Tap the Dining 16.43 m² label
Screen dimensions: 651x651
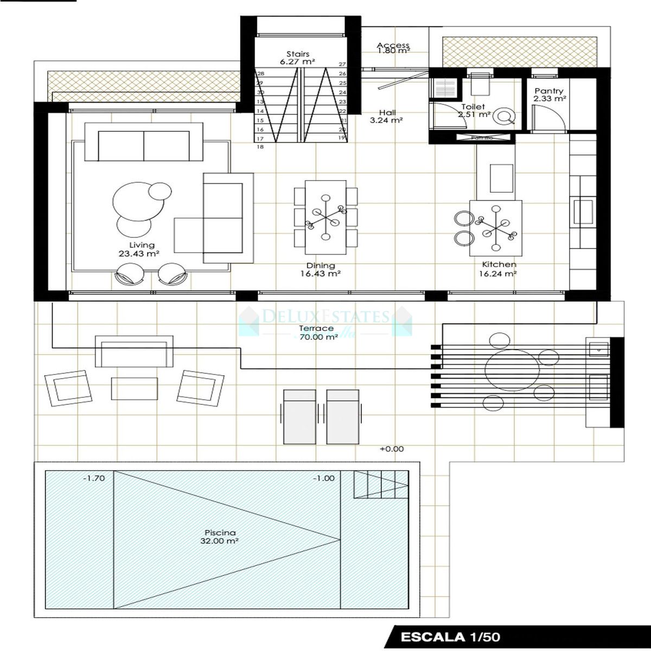coord(321,270)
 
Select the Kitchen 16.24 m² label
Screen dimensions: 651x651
coord(499,269)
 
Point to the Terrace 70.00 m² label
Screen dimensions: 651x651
coord(316,333)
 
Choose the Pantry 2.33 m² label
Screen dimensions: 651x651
coord(549,95)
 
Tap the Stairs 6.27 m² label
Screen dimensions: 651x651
coord(298,58)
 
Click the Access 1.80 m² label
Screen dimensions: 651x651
coord(393,48)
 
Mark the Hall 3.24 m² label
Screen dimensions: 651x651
coord(386,117)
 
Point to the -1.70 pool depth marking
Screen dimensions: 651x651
coord(94,478)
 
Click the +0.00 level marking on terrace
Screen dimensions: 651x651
coord(392,449)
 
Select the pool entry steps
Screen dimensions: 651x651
coord(381,484)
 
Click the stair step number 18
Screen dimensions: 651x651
coord(260,147)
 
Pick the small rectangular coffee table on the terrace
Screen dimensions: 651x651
coord(135,388)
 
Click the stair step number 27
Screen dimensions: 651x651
coord(342,64)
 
